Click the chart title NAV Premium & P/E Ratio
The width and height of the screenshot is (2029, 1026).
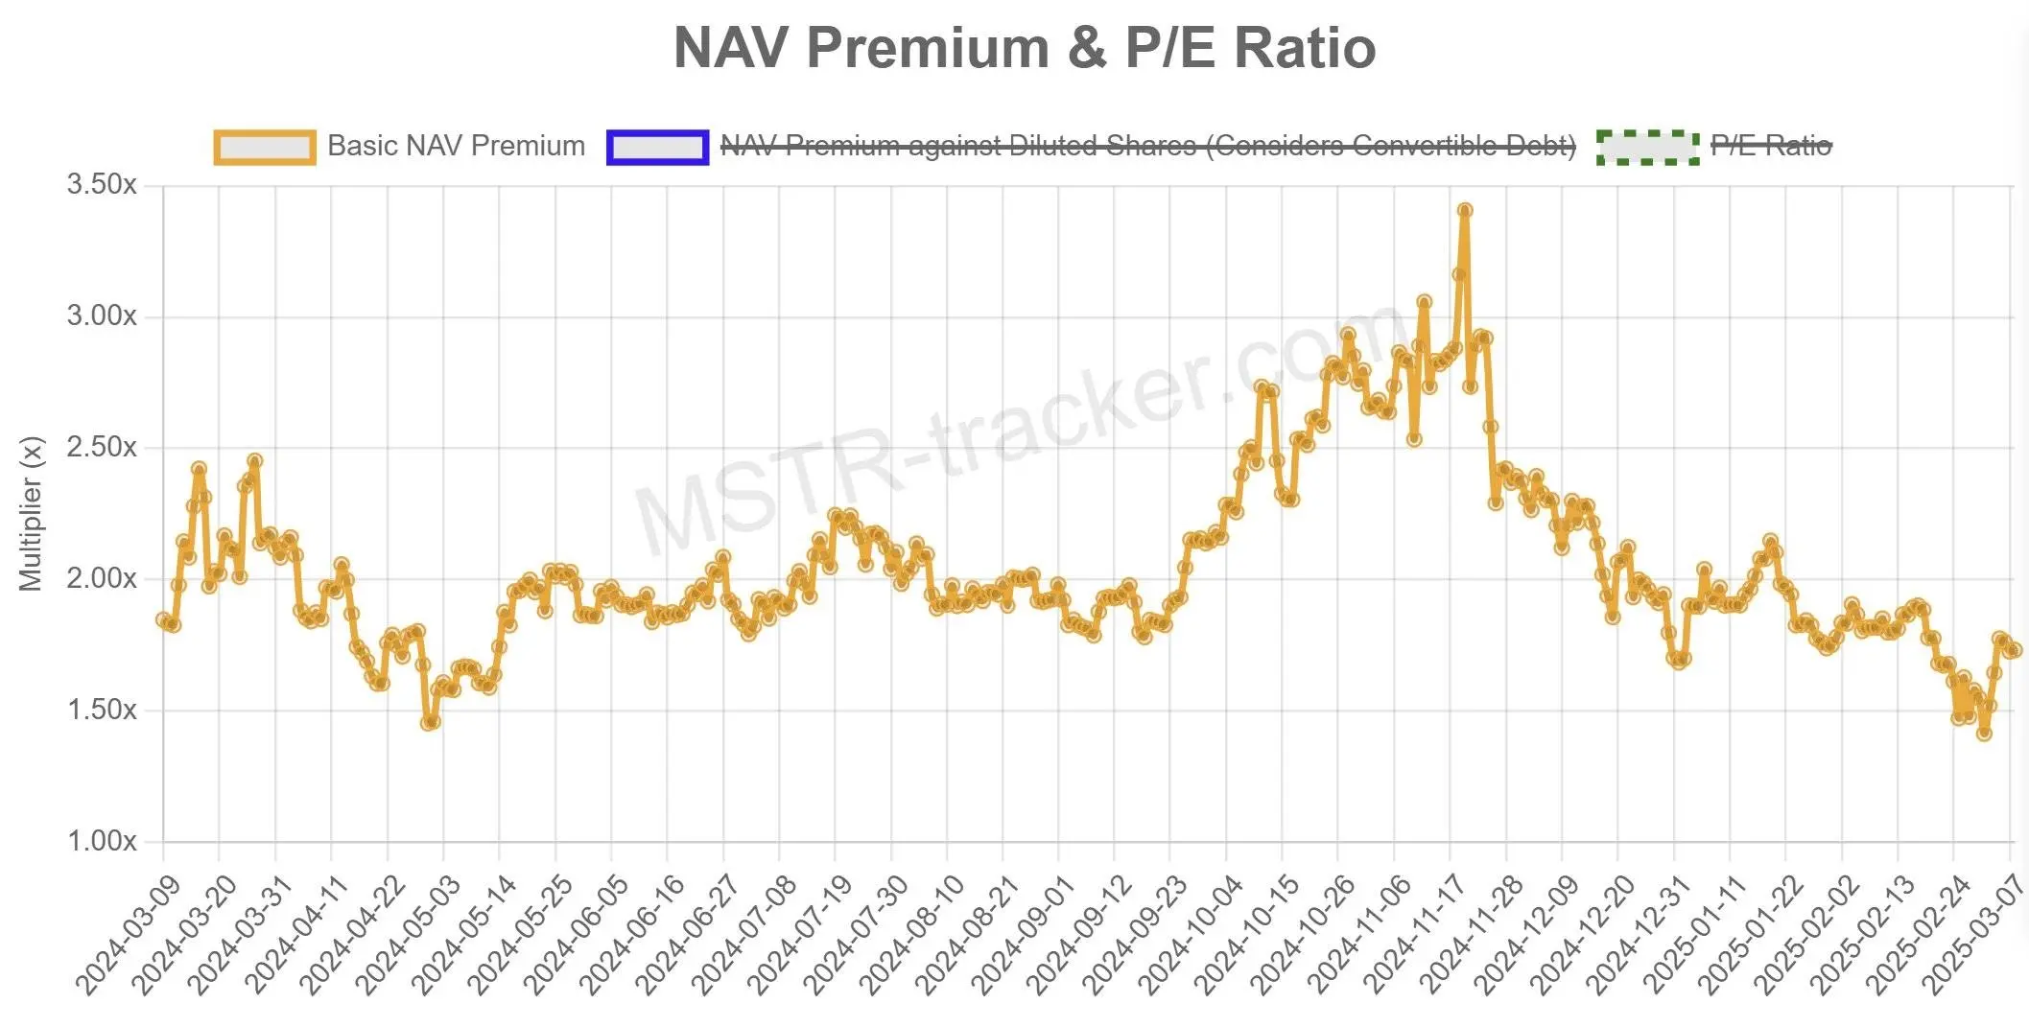1024,48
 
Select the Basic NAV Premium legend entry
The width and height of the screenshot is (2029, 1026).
456,146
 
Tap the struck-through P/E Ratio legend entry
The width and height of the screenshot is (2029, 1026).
1771,146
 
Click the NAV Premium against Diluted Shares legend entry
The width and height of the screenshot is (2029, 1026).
1147,146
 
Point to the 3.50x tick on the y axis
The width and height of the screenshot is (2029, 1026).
102,185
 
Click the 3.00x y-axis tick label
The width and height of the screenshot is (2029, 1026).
102,316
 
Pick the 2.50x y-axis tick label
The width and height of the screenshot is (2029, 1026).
102,448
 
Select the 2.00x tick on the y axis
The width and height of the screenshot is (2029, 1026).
102,579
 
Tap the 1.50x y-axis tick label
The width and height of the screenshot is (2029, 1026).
102,711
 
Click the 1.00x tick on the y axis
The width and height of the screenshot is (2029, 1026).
102,842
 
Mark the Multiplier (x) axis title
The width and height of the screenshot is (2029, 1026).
31,514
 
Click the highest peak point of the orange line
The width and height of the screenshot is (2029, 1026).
1465,210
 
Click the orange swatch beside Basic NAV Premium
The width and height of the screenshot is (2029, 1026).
265,147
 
